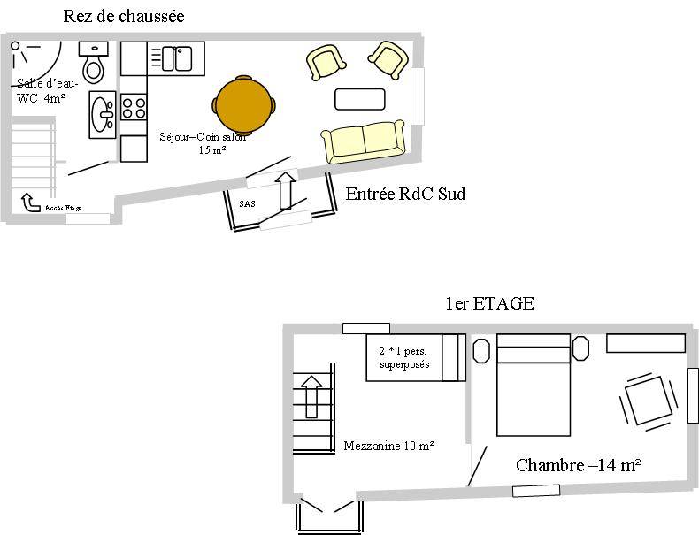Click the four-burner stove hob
tap(134, 108)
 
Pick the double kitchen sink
tap(176, 58)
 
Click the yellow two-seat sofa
tap(363, 141)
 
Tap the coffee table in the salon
tap(359, 98)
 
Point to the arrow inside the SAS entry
tap(285, 190)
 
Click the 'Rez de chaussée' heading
tap(124, 16)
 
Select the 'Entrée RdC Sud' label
tap(405, 194)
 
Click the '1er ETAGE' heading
tap(489, 303)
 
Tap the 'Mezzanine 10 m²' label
tap(388, 446)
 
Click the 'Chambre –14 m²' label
tap(578, 465)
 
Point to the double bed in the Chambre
tap(533, 385)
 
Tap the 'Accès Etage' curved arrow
tap(31, 204)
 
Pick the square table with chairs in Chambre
tap(648, 401)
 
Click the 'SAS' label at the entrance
tap(247, 203)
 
